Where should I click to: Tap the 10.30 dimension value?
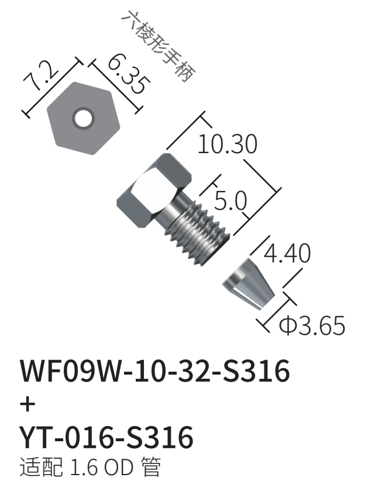[228, 144]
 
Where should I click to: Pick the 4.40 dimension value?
[287, 252]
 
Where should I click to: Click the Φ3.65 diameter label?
[312, 326]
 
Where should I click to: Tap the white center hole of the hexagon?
[84, 119]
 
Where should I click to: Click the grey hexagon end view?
[84, 118]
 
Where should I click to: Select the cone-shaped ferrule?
[248, 285]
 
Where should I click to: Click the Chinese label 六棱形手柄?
[157, 47]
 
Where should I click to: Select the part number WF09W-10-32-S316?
[155, 371]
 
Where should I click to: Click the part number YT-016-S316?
[106, 437]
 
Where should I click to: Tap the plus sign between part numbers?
[27, 404]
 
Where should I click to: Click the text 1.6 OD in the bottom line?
[102, 467]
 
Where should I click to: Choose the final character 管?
[151, 467]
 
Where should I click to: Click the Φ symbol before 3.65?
[287, 326]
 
